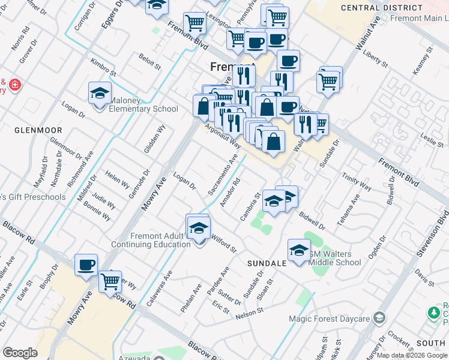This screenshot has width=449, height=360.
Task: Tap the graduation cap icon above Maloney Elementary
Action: pos(100,94)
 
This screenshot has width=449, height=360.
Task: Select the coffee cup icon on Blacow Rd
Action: pos(86,264)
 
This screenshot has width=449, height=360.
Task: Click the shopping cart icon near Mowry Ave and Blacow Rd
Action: pos(110,281)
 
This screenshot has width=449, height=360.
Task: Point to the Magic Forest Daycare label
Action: pos(329,319)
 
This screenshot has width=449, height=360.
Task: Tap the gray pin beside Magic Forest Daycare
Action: pos(379,317)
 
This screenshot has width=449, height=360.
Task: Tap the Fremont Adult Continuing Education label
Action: pos(151,240)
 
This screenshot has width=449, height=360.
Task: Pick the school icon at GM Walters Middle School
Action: pos(299,251)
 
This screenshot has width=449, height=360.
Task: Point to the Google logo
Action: pos(20,353)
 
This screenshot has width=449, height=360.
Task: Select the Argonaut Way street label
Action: pos(223,137)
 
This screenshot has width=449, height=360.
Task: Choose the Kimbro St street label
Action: pos(103,67)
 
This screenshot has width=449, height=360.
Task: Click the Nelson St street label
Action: pos(250,313)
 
